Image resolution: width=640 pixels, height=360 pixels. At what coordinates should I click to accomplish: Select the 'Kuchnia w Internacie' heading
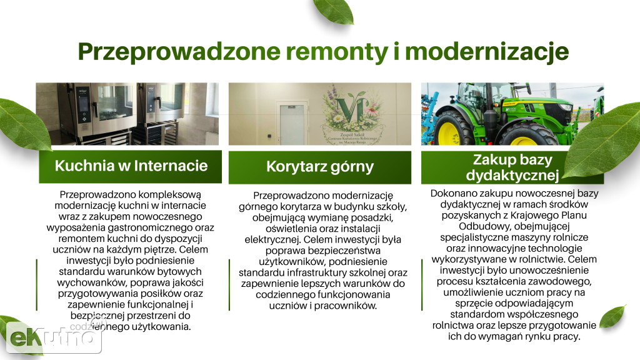131,166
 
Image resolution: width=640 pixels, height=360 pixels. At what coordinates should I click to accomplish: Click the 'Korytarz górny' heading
319,166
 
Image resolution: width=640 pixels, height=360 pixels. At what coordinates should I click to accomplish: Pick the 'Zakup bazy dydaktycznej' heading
512,166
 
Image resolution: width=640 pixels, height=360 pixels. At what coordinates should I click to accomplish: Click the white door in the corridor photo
291,124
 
